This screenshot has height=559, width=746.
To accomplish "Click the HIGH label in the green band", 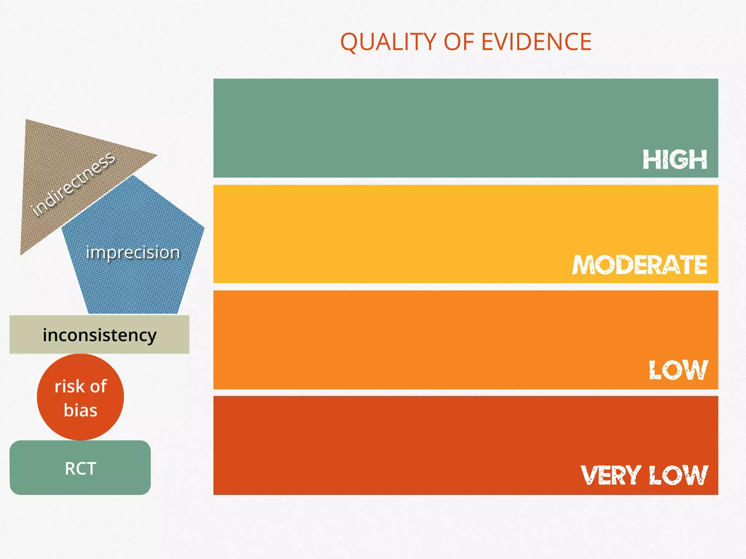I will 675,160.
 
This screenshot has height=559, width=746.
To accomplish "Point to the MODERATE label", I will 640,265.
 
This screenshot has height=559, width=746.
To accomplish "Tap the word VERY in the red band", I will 611,475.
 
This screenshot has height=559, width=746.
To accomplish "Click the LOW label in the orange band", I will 678,370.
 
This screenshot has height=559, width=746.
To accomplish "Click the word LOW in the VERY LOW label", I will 678,475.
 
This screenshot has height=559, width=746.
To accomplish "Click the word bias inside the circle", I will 81,410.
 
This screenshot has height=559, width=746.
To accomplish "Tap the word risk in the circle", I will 69,386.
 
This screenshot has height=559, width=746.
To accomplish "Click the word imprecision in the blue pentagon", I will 133,252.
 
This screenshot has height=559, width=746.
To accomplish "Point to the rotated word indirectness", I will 73,184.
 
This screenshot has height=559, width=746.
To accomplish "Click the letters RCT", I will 81,468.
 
